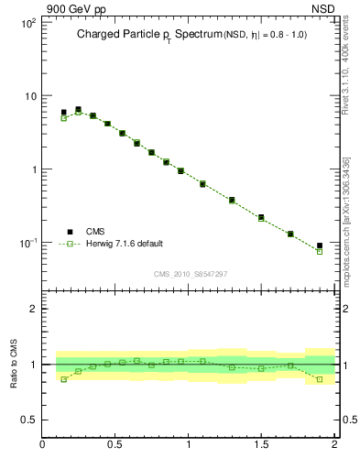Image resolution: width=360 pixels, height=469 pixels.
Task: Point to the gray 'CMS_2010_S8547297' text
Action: [x=190, y=274]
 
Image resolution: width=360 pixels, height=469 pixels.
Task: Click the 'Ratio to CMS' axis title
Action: [x=14, y=364]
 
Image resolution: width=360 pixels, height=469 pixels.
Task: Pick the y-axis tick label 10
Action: [x=29, y=96]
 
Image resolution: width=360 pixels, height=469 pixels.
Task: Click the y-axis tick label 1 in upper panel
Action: [x=33, y=169]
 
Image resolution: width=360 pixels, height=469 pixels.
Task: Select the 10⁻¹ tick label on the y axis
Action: [x=27, y=243]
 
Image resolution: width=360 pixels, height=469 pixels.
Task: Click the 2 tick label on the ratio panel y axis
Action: [x=33, y=309]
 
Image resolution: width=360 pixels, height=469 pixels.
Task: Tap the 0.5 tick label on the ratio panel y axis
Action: [x=29, y=420]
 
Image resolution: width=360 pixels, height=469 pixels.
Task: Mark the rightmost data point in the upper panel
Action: [x=320, y=246]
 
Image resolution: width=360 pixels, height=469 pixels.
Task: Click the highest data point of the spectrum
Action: [x=78, y=109]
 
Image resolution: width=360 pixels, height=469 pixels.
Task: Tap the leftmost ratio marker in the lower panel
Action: [x=63, y=379]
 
